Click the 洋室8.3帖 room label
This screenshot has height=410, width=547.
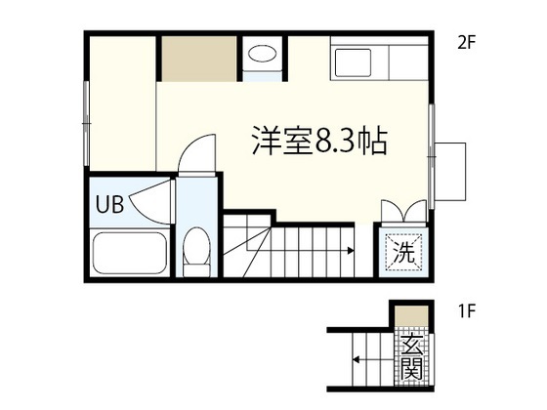[319, 141]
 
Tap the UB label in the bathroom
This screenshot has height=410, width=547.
[109, 204]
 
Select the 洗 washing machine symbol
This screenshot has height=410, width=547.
[404, 252]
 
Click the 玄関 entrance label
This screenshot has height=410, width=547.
[411, 357]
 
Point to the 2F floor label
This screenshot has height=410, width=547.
[467, 43]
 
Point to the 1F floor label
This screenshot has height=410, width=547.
[467, 311]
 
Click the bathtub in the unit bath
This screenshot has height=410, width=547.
[129, 253]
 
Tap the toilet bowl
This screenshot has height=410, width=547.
[196, 252]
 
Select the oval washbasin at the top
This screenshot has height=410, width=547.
[263, 54]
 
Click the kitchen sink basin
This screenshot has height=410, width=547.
[353, 63]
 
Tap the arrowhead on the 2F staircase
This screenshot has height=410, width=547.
[351, 251]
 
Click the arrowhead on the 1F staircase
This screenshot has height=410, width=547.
[356, 359]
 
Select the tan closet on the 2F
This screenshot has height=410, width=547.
[199, 59]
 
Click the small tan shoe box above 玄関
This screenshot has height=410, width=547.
[411, 316]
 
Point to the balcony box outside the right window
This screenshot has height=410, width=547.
[450, 172]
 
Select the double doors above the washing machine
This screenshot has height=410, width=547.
[404, 211]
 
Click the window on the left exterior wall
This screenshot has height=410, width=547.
[86, 123]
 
